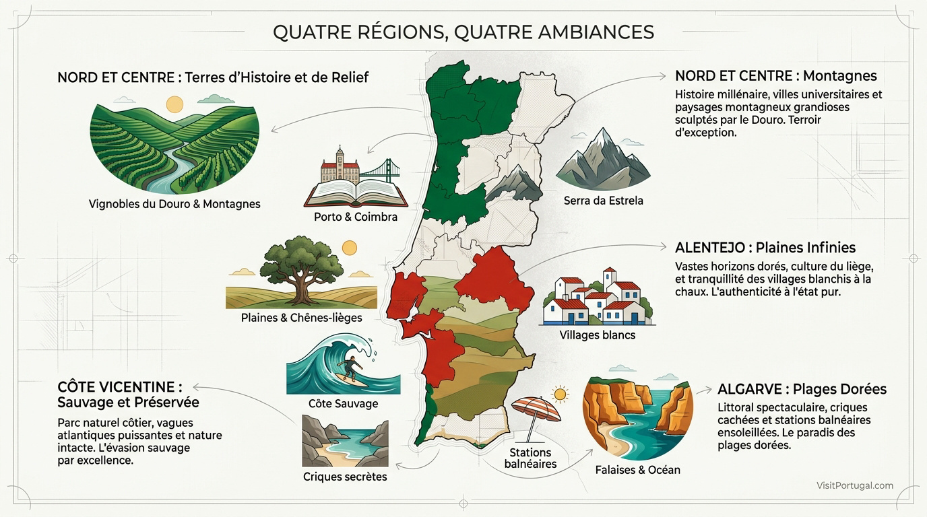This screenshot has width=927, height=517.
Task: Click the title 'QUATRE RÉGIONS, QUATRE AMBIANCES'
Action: (x=463, y=32)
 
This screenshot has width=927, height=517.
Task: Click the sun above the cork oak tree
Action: (x=349, y=248)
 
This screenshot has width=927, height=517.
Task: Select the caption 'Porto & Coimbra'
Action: (x=356, y=217)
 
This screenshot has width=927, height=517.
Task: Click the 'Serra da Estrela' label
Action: (x=603, y=201)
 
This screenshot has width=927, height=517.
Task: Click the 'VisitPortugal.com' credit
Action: (x=854, y=485)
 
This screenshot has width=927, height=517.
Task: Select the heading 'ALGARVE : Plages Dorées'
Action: (x=802, y=389)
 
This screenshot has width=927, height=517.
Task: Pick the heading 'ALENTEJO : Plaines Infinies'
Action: (x=765, y=248)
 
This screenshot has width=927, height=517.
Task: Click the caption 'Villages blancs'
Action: (x=597, y=335)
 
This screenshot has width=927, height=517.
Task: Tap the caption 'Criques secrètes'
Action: (x=345, y=477)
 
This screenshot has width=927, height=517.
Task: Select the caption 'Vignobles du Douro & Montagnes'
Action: (x=174, y=204)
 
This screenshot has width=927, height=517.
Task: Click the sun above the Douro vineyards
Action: (x=174, y=104)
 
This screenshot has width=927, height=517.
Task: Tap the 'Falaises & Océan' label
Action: (x=637, y=470)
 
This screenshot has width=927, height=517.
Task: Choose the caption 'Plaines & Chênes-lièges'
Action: (x=301, y=318)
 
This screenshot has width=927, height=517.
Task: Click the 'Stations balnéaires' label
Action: (x=530, y=458)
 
